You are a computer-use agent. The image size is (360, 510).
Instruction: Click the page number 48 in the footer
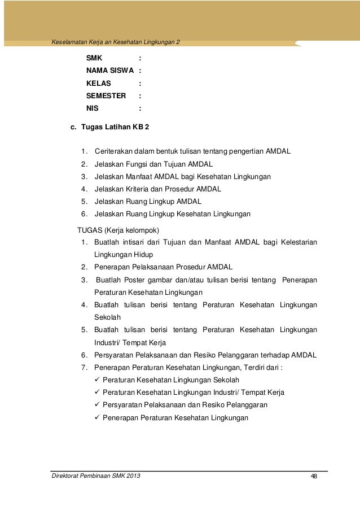tap(314, 478)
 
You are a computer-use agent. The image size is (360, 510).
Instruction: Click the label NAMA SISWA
tap(109, 71)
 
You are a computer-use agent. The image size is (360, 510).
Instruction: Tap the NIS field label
tap(92, 108)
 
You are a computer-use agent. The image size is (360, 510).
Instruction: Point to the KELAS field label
tap(99, 84)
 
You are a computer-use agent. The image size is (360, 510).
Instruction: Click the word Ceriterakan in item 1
tap(115, 152)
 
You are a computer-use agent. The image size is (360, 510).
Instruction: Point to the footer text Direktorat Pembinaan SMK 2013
tap(95, 477)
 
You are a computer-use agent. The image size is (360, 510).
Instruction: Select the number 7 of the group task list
tap(84, 367)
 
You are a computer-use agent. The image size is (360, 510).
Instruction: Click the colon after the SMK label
tap(139, 59)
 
